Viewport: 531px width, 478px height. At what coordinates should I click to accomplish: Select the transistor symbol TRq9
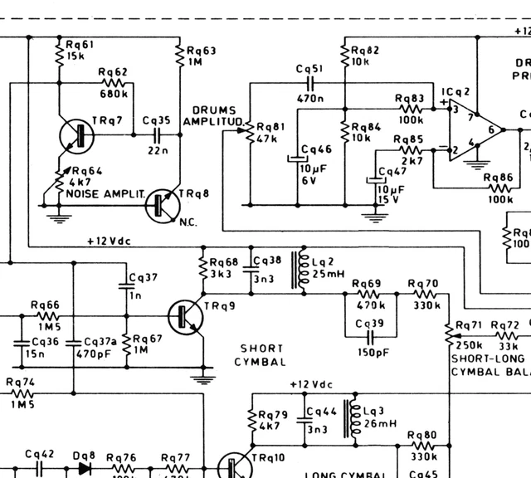(x=185, y=316)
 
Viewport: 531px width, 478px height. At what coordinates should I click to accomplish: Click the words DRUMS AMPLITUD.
(x=215, y=116)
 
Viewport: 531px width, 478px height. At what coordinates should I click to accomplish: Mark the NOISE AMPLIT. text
(x=105, y=193)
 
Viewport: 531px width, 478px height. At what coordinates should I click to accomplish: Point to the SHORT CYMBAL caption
(x=261, y=355)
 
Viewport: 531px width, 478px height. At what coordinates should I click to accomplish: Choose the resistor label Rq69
(x=368, y=284)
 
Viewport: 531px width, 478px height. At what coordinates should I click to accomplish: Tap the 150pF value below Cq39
(x=371, y=353)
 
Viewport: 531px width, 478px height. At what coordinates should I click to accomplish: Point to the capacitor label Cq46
(x=316, y=149)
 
